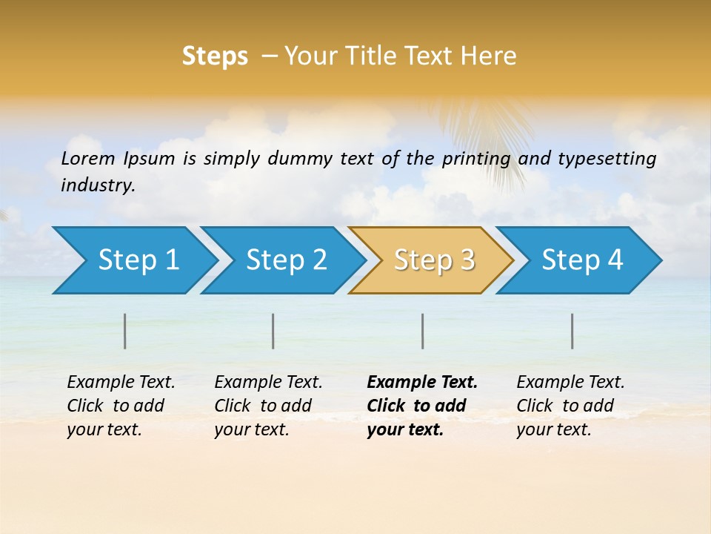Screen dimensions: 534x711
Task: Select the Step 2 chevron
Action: [x=285, y=260]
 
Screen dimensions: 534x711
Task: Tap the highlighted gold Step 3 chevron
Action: [x=433, y=260]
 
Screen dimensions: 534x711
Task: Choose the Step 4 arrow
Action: [x=581, y=260]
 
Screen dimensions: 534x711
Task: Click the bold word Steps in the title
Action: [x=215, y=56]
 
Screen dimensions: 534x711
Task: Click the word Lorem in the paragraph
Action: [x=88, y=158]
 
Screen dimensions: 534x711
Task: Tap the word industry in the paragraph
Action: [x=98, y=185]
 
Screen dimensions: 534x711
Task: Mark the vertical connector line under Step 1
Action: [x=125, y=331]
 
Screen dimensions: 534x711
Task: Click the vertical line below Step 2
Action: [x=273, y=331]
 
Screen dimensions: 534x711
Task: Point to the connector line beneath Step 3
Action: [x=422, y=331]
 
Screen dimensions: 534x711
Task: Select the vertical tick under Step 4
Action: [x=573, y=331]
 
